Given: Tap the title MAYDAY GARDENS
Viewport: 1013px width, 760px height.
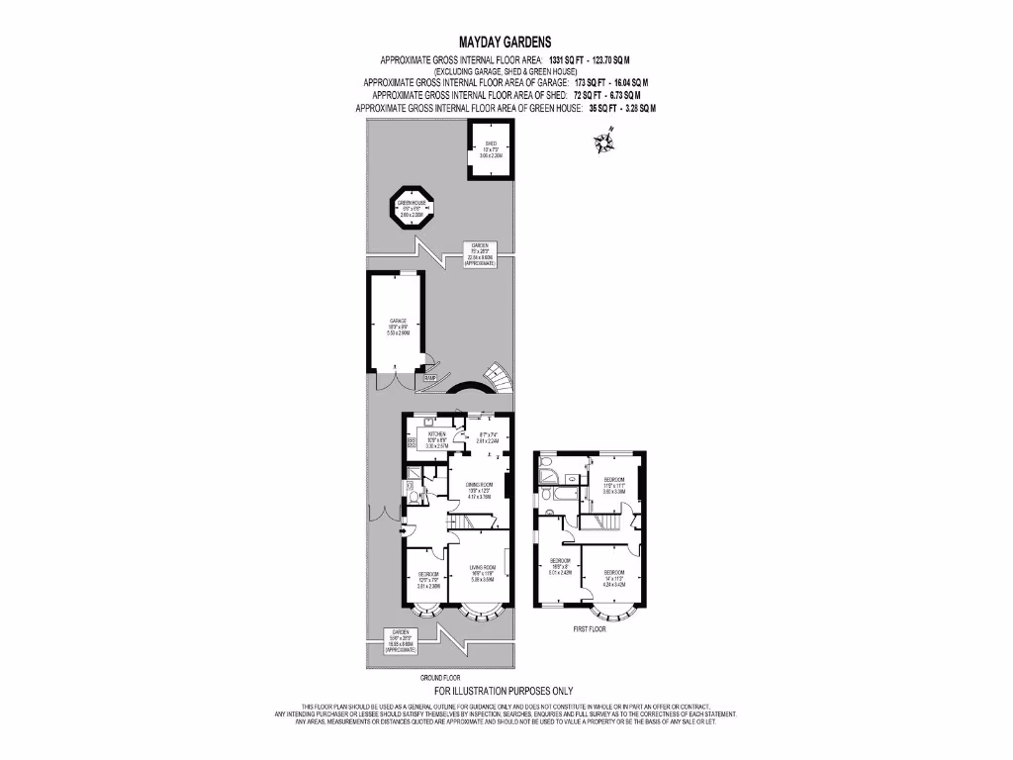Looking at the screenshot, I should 506,43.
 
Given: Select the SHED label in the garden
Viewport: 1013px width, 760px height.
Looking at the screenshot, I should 491,144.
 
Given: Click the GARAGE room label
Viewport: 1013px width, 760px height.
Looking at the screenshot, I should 398,322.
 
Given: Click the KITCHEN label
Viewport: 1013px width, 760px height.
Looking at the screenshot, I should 437,434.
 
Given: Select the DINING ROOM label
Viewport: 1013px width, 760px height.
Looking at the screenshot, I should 480,484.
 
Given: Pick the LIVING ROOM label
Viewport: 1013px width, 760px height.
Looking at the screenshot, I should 481,568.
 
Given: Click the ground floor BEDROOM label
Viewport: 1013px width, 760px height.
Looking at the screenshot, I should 427,574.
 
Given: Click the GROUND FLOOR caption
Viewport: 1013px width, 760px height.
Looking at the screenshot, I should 439,677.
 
